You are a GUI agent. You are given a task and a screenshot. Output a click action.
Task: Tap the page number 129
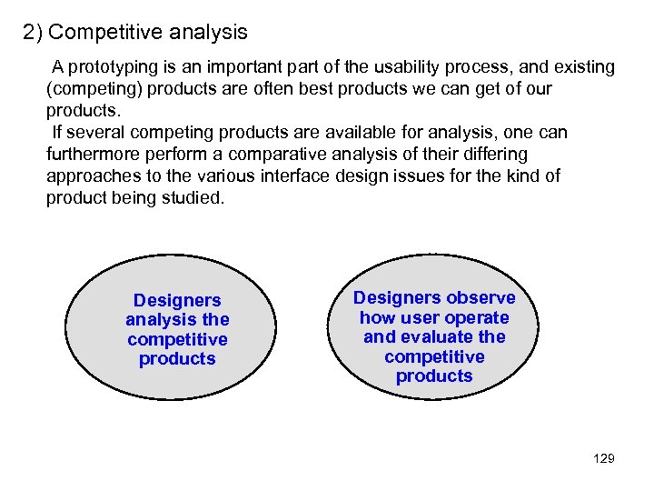pyautogui.click(x=603, y=458)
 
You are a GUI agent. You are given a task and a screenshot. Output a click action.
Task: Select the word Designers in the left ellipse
pyautogui.click(x=177, y=300)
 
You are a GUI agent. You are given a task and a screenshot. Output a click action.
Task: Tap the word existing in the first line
pyautogui.click(x=583, y=67)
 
